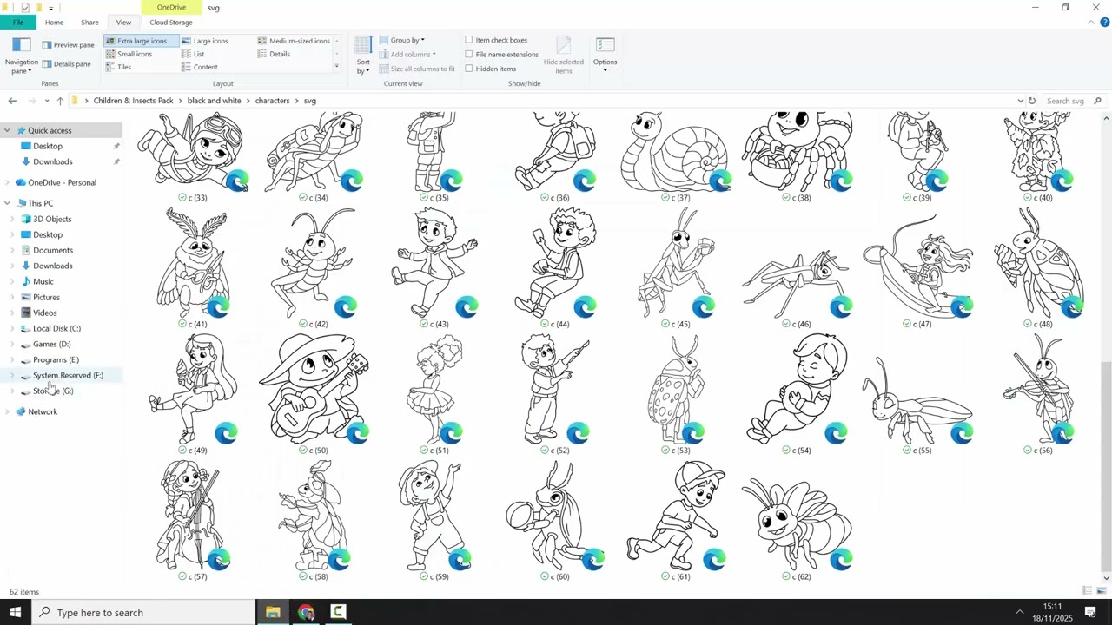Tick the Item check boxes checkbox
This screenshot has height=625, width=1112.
click(x=468, y=40)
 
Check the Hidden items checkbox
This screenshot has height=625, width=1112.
click(x=468, y=69)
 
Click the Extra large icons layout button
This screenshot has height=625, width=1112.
click(x=142, y=41)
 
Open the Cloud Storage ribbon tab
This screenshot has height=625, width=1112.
click(x=171, y=23)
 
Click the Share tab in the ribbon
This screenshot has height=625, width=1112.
click(x=89, y=23)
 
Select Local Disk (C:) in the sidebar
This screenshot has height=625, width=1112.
click(x=56, y=328)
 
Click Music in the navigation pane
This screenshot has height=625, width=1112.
click(x=43, y=281)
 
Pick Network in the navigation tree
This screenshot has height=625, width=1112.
click(x=43, y=411)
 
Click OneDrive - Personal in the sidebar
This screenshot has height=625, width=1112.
click(x=62, y=182)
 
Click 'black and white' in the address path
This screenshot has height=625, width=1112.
click(x=214, y=101)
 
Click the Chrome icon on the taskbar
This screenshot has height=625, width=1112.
click(x=306, y=612)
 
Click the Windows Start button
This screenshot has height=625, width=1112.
click(x=16, y=612)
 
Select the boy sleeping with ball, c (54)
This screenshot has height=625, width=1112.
click(x=798, y=389)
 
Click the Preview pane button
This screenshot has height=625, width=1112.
click(x=68, y=45)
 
